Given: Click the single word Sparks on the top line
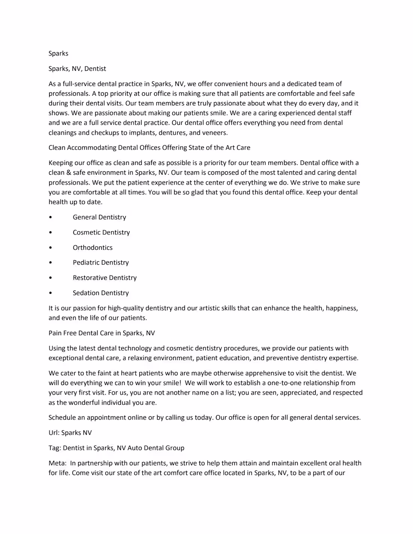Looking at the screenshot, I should click(x=58, y=53).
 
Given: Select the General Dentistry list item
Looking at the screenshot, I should click(x=99, y=217).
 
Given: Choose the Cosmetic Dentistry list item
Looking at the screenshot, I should click(x=101, y=232).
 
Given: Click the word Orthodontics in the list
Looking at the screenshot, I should click(x=92, y=247).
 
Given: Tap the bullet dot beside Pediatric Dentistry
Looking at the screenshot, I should click(x=50, y=262).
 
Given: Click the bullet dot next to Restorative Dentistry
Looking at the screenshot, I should click(x=50, y=278).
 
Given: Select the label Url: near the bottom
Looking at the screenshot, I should click(x=54, y=433).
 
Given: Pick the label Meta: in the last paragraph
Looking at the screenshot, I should click(x=57, y=463).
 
